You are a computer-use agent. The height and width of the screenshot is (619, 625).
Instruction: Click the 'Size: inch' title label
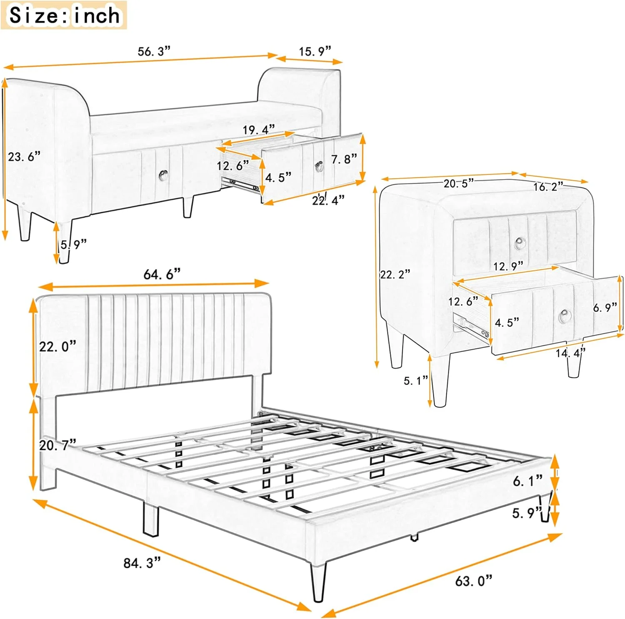(x=64, y=15)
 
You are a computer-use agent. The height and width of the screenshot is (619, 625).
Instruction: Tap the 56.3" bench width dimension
(x=154, y=51)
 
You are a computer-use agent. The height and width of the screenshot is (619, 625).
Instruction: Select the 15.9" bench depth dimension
(x=315, y=51)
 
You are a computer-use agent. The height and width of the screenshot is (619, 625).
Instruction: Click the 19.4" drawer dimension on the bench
(x=259, y=130)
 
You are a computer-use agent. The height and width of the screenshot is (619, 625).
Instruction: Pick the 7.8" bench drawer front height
(x=344, y=159)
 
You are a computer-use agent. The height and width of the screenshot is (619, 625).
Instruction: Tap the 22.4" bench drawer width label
(x=328, y=200)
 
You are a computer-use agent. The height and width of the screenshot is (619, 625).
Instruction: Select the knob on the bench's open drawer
(x=320, y=166)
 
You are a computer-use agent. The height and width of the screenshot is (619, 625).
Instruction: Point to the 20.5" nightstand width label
(x=458, y=183)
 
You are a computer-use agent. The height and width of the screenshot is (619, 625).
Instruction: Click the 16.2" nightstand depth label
(x=548, y=187)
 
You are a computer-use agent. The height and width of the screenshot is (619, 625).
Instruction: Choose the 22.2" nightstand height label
(x=395, y=274)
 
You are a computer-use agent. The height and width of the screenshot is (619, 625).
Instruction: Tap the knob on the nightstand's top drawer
(x=520, y=242)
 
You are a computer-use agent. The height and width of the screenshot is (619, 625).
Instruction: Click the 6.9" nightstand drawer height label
(x=605, y=308)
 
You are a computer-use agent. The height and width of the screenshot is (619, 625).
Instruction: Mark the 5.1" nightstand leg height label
(x=415, y=380)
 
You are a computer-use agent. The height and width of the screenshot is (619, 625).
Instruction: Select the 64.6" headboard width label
(x=162, y=274)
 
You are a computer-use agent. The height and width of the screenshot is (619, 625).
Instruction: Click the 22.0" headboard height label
(x=58, y=346)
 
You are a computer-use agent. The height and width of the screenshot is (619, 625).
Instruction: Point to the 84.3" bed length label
(x=142, y=563)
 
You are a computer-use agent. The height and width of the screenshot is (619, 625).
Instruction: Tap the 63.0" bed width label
(x=473, y=580)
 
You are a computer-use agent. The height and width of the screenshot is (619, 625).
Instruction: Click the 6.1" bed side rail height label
(x=527, y=481)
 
